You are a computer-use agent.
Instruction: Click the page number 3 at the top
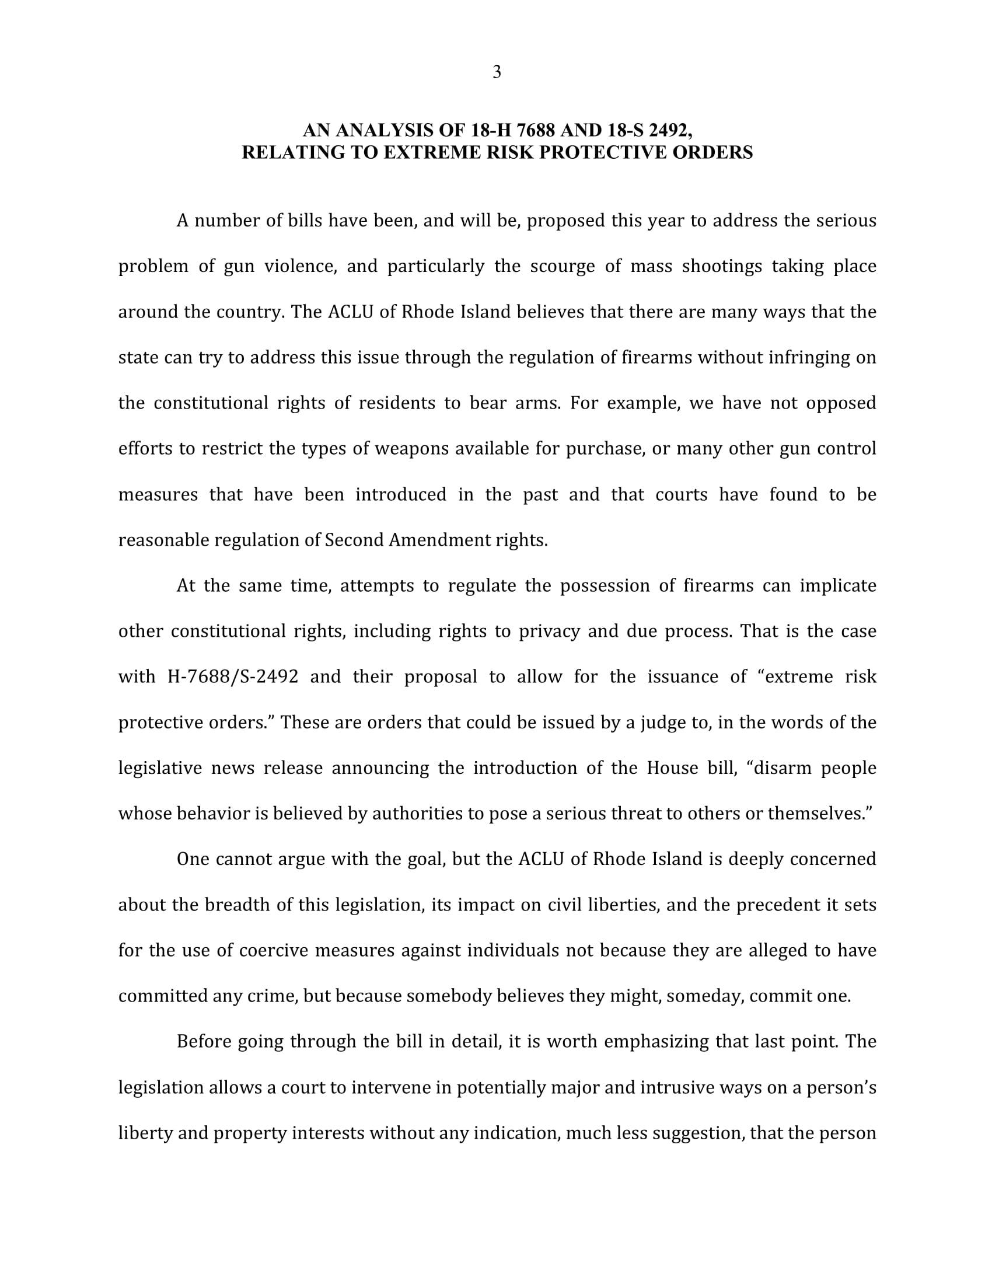[x=497, y=72]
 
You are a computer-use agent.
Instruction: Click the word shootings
[x=722, y=267]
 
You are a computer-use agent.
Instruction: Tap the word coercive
[x=274, y=951]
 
